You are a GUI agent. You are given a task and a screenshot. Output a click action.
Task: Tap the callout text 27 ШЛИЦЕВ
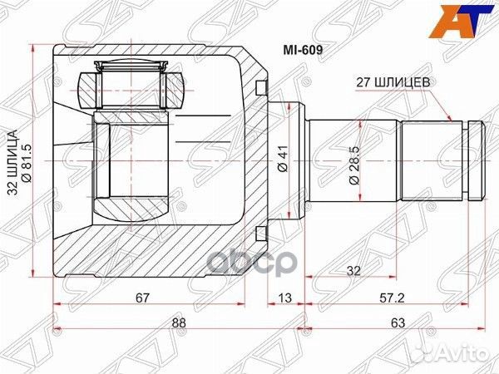click(392, 83)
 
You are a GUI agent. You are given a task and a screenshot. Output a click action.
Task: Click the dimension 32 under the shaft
click(353, 270)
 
